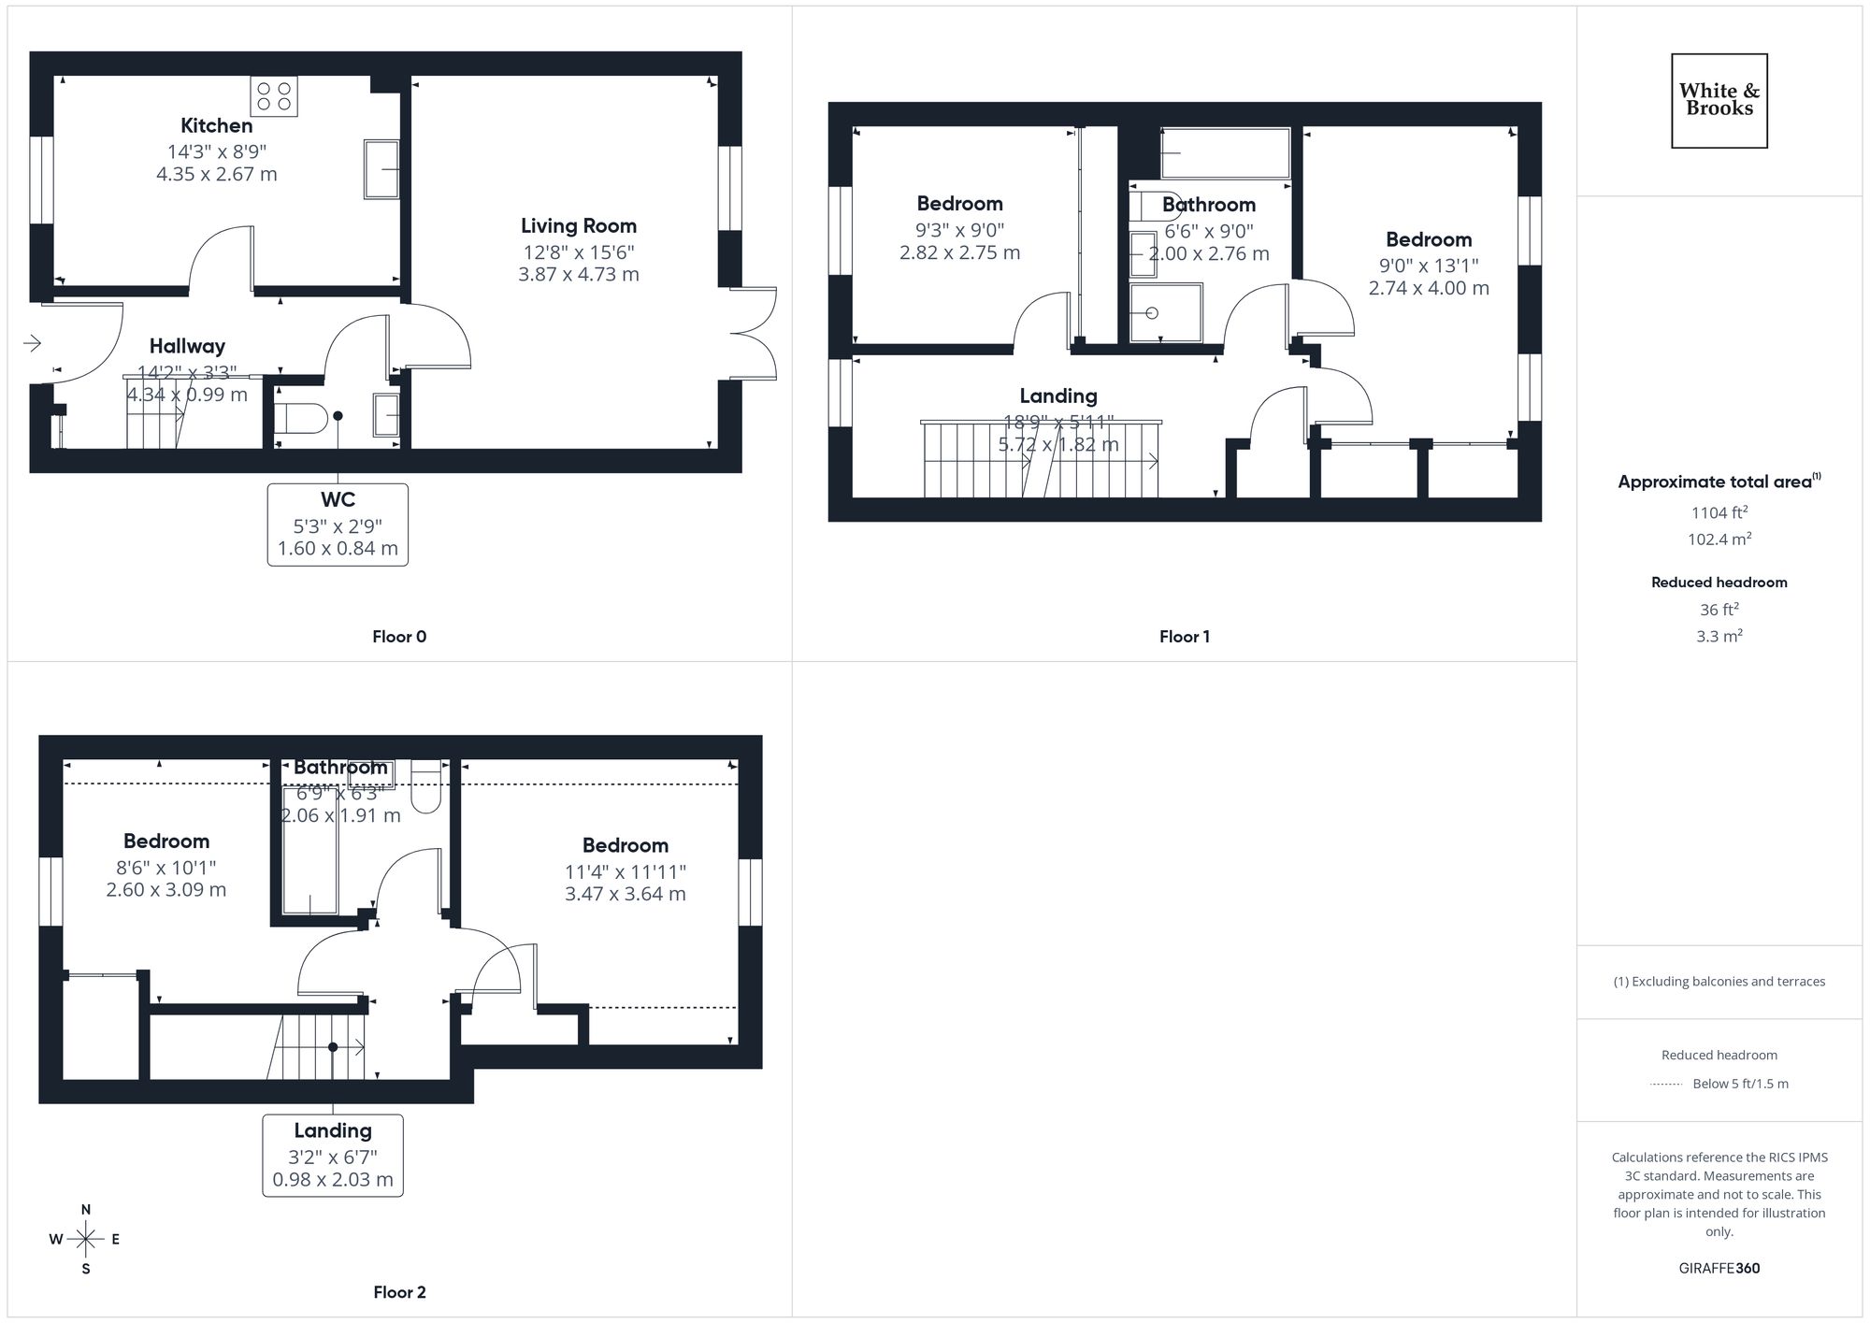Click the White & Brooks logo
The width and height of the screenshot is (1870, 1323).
tap(1719, 100)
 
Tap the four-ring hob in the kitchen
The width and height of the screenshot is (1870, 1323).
tap(274, 96)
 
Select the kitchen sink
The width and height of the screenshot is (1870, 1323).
tap(381, 169)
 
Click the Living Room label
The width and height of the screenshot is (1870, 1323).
tap(579, 225)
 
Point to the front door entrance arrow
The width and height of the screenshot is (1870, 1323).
tap(32, 343)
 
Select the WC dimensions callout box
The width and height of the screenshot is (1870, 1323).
tap(338, 525)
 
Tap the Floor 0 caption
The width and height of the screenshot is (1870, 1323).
tap(399, 637)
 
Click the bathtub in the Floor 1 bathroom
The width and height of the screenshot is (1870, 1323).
tap(1225, 153)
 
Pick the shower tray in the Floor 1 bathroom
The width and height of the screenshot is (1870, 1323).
tap(1165, 313)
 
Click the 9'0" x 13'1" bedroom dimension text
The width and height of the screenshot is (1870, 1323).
tap(1429, 265)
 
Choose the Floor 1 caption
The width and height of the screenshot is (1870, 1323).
tap(1185, 637)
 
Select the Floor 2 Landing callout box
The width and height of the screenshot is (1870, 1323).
tap(333, 1155)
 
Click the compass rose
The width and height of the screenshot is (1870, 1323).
tap(86, 1240)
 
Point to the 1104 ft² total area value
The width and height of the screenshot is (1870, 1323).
tap(1719, 512)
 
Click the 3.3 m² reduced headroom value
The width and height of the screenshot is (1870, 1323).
tap(1719, 636)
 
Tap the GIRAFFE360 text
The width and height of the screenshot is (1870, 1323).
tap(1719, 1268)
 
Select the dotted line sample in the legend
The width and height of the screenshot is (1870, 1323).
tap(1666, 1085)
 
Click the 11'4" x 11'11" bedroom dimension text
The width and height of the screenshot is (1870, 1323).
tap(626, 871)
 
